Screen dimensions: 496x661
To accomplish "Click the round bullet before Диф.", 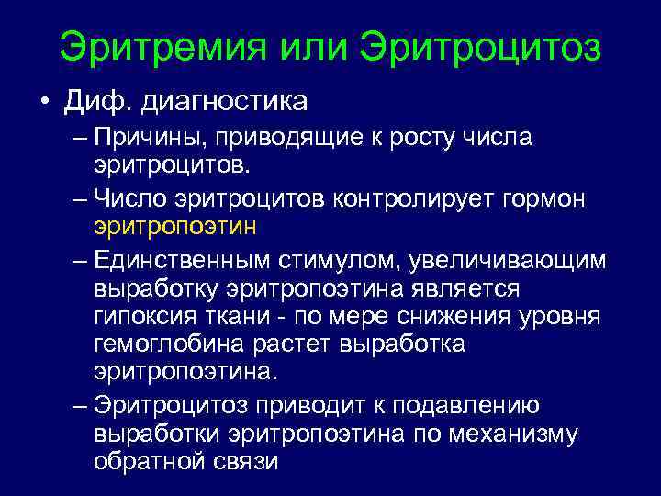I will (44, 99).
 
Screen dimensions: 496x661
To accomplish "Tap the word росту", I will (415, 140).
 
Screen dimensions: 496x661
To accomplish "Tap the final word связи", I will (244, 461).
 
